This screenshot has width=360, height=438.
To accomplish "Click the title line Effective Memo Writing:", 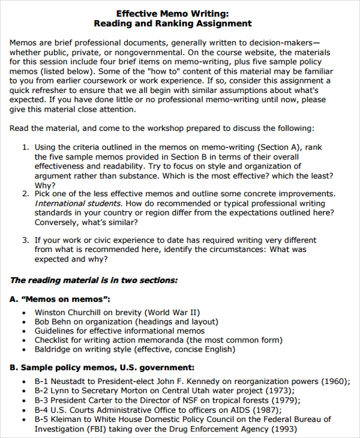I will click(173, 13).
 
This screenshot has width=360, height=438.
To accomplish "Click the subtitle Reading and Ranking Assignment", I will click(173, 23).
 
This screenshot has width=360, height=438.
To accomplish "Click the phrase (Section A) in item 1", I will click(285, 147).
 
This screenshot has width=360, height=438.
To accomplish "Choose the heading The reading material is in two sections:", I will click(94, 280).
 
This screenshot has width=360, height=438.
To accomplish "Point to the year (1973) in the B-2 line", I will click(265, 391).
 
